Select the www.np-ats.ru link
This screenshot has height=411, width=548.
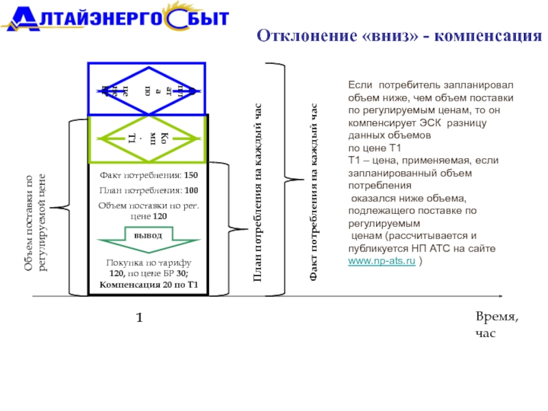382,262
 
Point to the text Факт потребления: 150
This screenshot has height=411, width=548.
148,175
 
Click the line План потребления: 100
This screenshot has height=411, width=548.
148,190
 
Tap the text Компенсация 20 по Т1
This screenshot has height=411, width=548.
148,284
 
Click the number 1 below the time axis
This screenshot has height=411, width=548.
139,318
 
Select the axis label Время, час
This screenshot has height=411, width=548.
497,324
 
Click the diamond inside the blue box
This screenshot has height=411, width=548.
147,89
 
